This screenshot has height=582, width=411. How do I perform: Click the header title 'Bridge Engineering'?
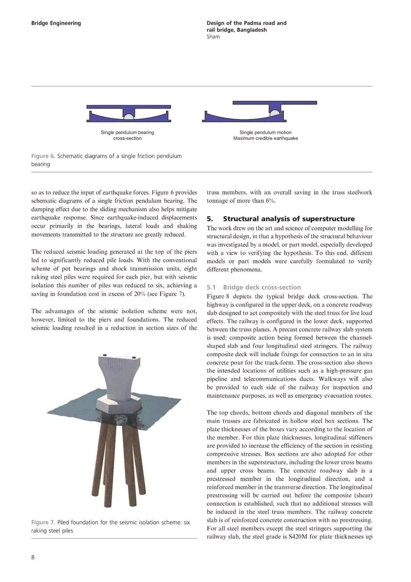(x=56, y=23)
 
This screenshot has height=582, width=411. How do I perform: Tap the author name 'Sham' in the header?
(x=213, y=37)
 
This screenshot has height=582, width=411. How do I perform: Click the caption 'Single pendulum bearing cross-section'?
(x=127, y=135)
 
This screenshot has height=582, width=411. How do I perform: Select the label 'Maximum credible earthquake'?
(x=266, y=138)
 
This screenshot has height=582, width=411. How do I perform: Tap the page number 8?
(x=33, y=557)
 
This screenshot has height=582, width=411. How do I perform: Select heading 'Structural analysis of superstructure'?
(x=288, y=219)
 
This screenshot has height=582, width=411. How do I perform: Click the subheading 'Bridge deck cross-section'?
(x=262, y=287)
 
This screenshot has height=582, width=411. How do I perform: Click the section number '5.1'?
(x=211, y=287)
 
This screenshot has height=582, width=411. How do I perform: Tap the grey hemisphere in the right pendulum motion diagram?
(x=274, y=112)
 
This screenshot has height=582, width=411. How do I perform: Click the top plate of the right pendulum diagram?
(x=274, y=103)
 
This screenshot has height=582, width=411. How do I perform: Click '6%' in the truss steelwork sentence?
(x=270, y=201)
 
